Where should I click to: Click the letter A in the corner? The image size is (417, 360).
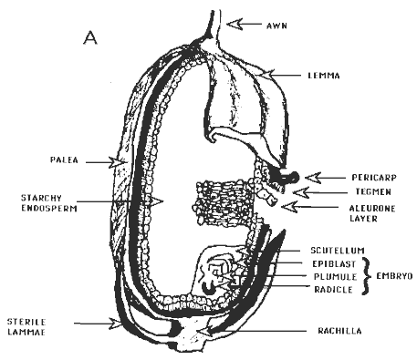[x=90, y=37]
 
